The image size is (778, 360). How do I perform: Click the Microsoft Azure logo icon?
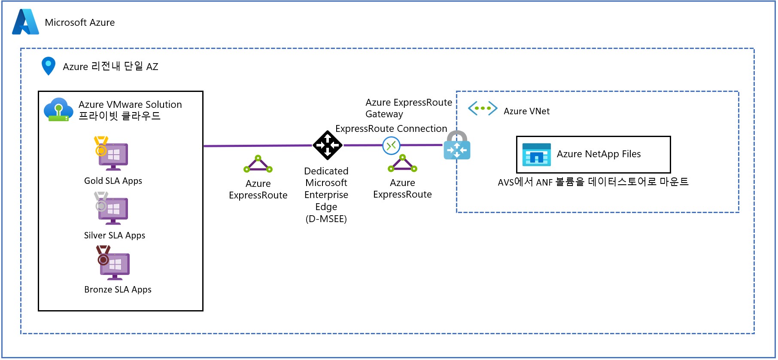tap(26, 22)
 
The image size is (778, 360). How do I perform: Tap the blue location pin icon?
tap(49, 66)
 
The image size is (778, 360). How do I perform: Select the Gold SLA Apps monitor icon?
tap(112, 153)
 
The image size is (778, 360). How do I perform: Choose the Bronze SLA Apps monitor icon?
tap(113, 263)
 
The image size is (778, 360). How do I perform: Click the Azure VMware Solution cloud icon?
tap(58, 110)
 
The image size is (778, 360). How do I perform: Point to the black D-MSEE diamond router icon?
tap(328, 145)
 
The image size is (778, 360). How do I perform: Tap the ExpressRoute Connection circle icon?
tap(391, 146)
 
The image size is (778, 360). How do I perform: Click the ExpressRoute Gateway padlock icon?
tap(457, 145)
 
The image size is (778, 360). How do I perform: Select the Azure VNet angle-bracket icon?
tap(483, 108)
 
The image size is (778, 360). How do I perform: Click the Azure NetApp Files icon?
tap(536, 155)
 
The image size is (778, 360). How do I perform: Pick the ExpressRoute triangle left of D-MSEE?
tap(258, 164)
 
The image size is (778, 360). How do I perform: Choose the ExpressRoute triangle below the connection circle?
tap(402, 163)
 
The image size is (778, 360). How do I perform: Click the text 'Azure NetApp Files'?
tap(599, 154)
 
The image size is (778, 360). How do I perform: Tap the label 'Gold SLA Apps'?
tap(113, 181)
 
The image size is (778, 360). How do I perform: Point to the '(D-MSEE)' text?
tap(326, 219)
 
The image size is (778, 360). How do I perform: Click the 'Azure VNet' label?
tap(526, 111)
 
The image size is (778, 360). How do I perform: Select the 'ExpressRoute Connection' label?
tap(391, 128)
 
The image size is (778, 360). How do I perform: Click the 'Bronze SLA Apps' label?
tap(118, 290)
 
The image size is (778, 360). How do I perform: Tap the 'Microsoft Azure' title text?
tap(80, 22)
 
